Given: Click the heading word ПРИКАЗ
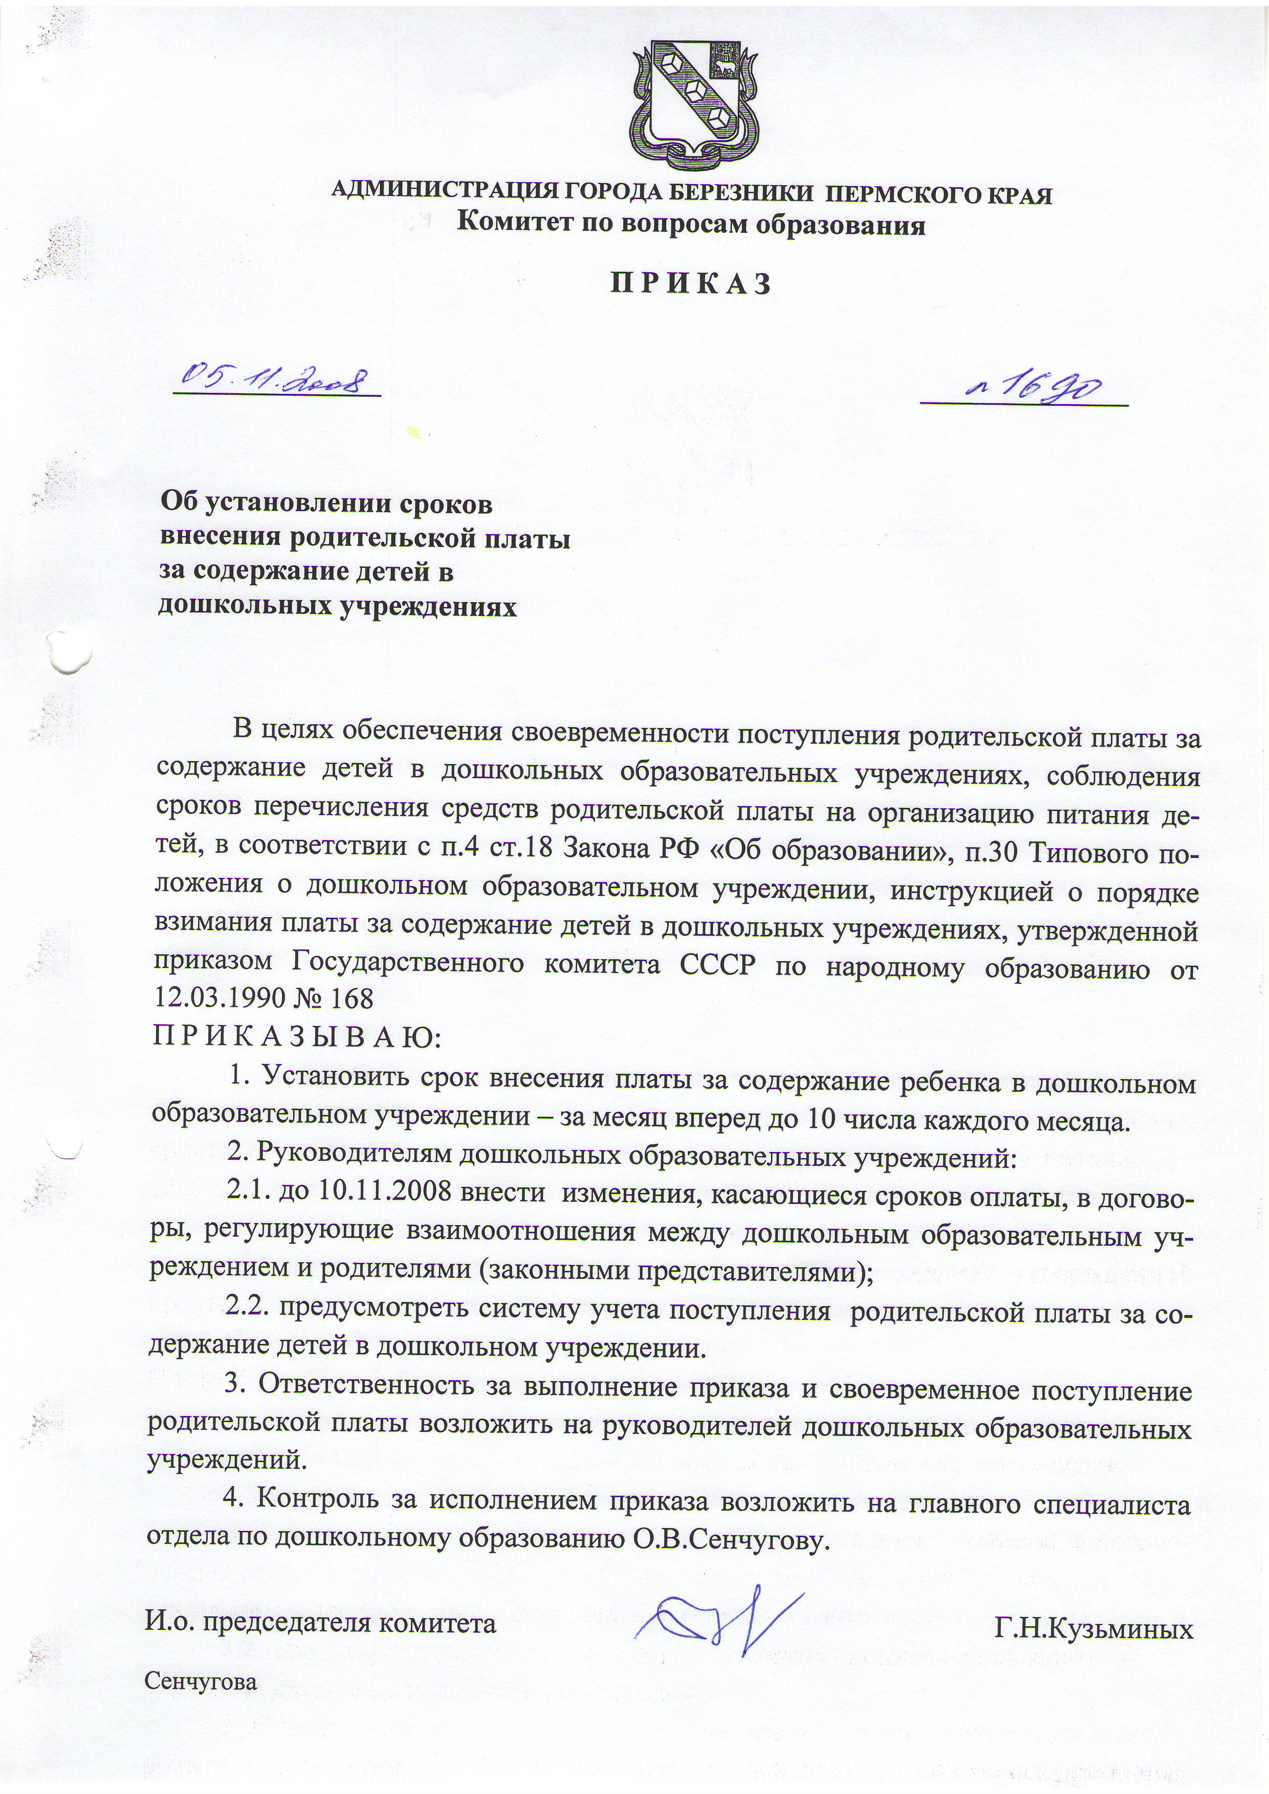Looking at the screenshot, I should pyautogui.click(x=691, y=283).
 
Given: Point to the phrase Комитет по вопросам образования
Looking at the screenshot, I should pyautogui.click(x=691, y=226).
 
